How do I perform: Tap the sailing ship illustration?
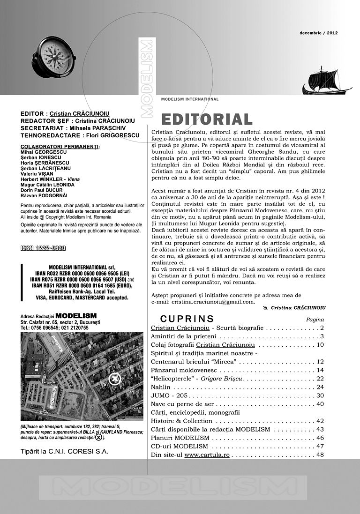click(326, 81)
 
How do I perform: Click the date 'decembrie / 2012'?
click(319, 33)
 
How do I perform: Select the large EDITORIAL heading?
click(207, 119)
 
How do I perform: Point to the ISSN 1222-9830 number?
click(43, 248)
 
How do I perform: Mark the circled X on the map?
click(113, 379)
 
